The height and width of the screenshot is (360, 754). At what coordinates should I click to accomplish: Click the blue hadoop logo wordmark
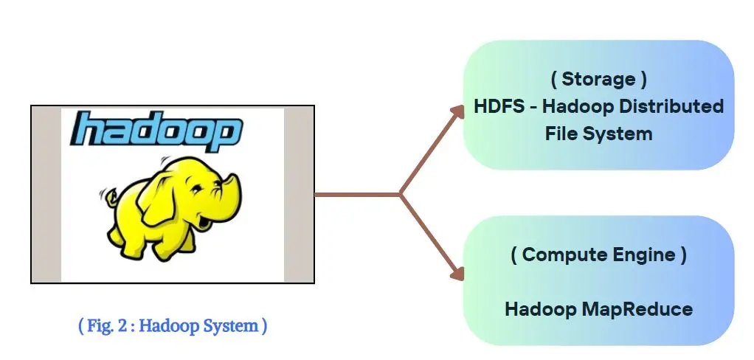(x=156, y=129)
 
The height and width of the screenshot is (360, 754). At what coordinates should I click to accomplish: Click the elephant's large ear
(x=158, y=202)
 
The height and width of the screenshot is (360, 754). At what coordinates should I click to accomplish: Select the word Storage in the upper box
(x=598, y=79)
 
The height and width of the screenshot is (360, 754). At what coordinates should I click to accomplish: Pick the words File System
(x=598, y=133)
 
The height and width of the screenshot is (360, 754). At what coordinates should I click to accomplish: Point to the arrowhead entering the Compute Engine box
(x=457, y=274)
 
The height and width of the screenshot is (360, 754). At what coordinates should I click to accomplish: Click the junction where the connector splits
(x=400, y=194)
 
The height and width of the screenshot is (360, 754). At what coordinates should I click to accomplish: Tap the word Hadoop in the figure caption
(x=172, y=326)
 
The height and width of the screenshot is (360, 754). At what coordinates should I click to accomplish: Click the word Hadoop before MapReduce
(x=541, y=308)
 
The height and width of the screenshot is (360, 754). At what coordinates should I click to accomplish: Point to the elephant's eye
(x=199, y=188)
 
